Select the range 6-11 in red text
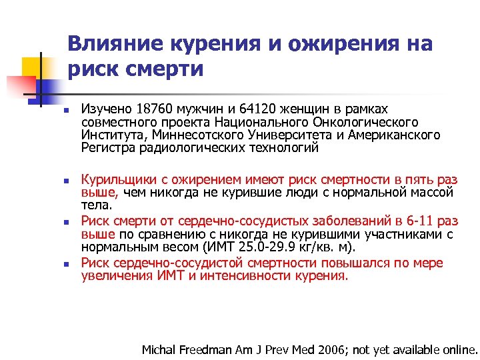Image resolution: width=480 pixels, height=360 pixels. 416,221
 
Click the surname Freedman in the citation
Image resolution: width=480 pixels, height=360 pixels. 205,349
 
